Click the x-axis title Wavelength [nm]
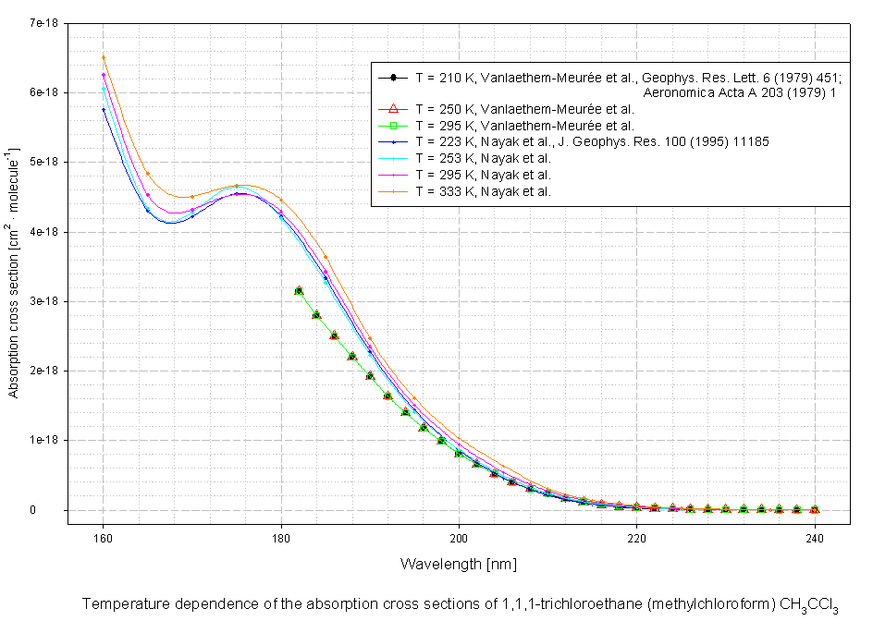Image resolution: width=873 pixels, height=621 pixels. (459, 563)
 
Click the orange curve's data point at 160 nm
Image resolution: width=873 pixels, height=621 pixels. (103, 57)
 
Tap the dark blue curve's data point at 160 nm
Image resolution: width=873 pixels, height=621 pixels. (103, 110)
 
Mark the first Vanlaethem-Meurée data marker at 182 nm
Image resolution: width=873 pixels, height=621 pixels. (299, 290)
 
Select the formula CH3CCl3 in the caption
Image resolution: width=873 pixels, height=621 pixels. (813, 605)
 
